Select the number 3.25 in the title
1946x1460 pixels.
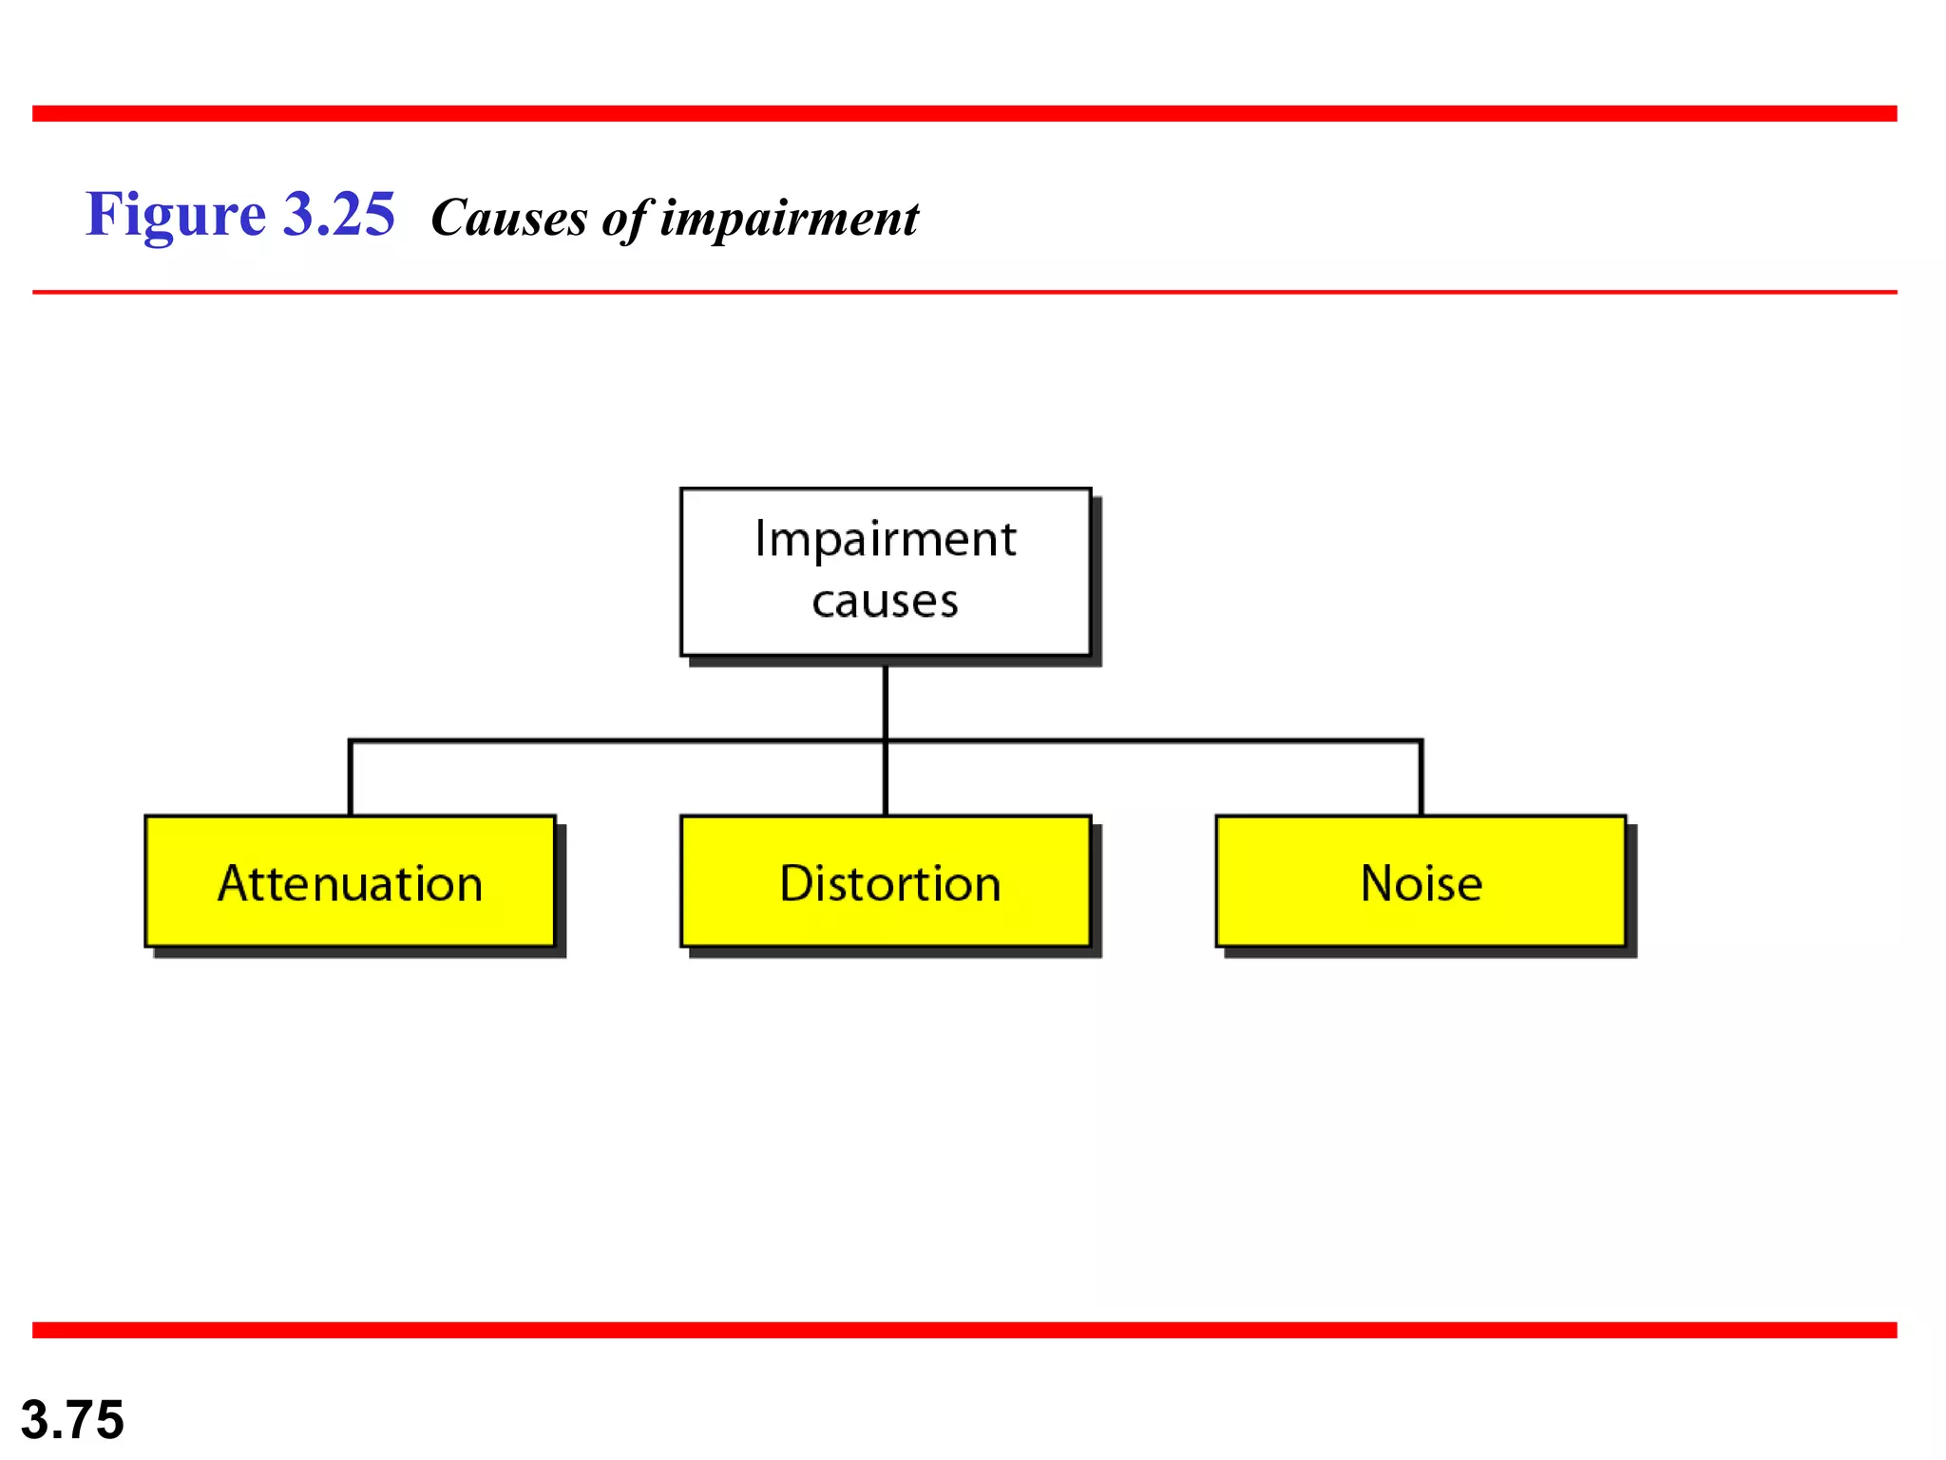click(x=339, y=215)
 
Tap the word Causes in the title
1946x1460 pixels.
click(x=509, y=218)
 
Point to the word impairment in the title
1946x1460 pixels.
click(x=789, y=218)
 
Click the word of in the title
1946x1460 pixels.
click(x=624, y=218)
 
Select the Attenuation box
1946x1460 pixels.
click(x=350, y=881)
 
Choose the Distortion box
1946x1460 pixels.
click(x=886, y=881)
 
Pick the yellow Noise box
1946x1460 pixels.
click(x=1421, y=881)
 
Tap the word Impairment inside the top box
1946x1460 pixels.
click(x=886, y=540)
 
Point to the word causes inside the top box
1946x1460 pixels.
click(x=886, y=601)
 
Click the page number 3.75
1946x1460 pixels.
click(x=72, y=1419)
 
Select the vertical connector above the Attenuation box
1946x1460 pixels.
click(x=351, y=778)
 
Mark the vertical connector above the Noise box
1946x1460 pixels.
click(x=1421, y=778)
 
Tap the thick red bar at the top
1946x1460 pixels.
click(x=964, y=113)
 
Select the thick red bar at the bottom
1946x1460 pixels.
click(x=964, y=1330)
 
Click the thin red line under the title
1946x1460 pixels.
click(x=964, y=292)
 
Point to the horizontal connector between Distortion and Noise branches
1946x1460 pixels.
click(x=1154, y=740)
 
